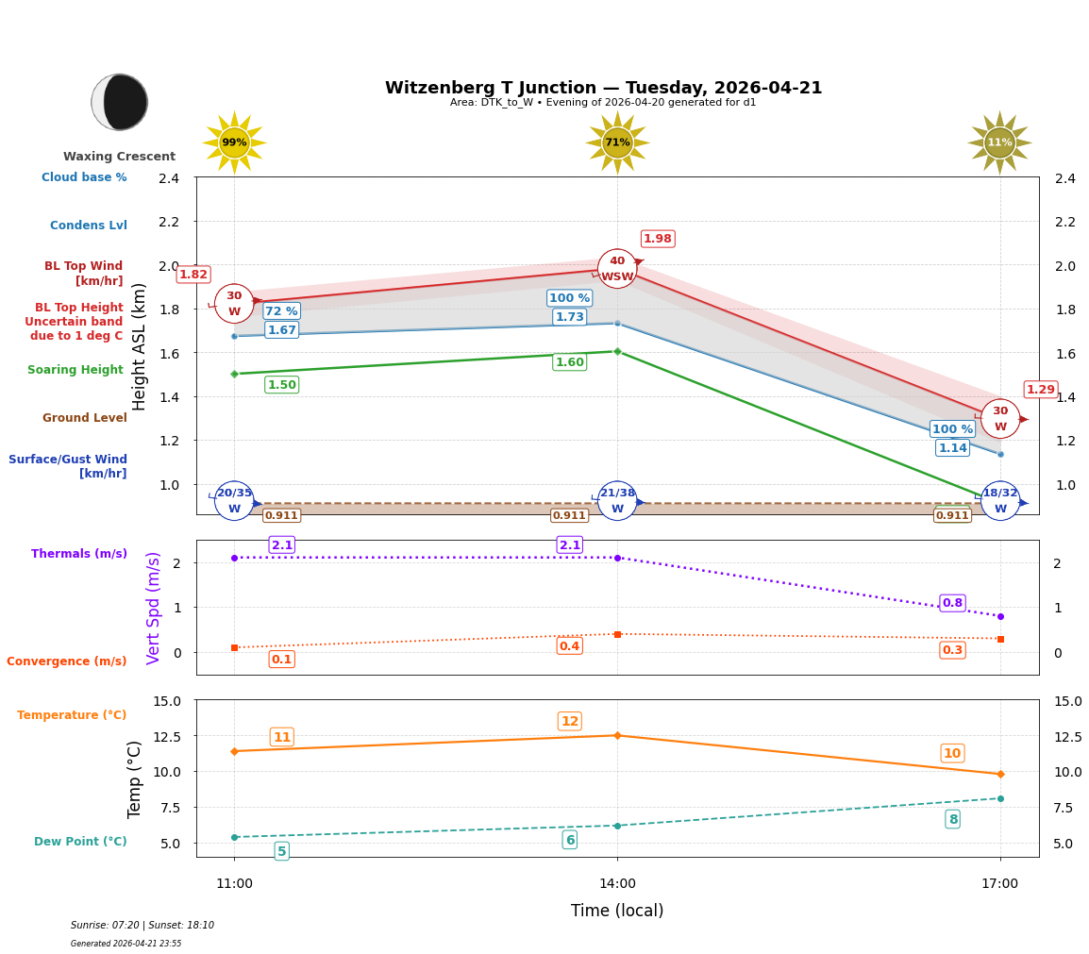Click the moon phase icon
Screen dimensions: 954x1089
coord(120,102)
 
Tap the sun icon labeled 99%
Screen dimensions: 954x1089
coord(234,142)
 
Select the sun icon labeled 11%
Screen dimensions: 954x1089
coord(999,142)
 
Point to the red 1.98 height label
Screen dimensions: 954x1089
coord(658,239)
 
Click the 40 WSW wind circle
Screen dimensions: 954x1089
coord(617,269)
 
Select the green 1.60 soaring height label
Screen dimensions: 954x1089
coord(569,362)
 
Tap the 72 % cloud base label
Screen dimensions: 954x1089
coord(281,311)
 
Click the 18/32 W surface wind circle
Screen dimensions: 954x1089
coord(1000,501)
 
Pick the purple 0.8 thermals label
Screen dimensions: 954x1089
coord(952,603)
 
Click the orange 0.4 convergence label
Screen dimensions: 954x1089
coord(569,646)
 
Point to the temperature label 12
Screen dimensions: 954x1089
coord(570,722)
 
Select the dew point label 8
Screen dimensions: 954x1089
coord(953,819)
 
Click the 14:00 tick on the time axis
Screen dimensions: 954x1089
coord(617,884)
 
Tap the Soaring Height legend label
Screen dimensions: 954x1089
coord(75,370)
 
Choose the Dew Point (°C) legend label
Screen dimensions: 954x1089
coord(80,842)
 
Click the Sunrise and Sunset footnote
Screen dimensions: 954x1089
coord(142,926)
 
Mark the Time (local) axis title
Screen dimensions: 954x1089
coord(617,911)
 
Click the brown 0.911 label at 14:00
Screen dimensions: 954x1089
coord(569,515)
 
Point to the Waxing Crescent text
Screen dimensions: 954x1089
coord(119,157)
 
